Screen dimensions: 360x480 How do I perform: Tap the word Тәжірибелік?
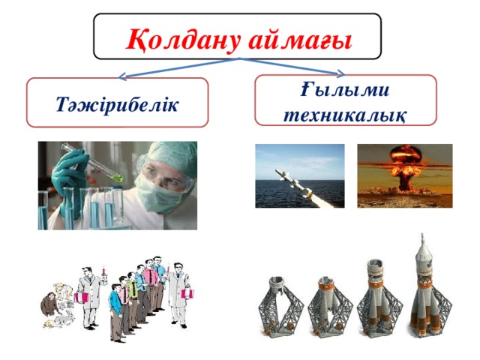point(117,102)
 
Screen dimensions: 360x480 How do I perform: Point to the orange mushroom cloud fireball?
point(405,161)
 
